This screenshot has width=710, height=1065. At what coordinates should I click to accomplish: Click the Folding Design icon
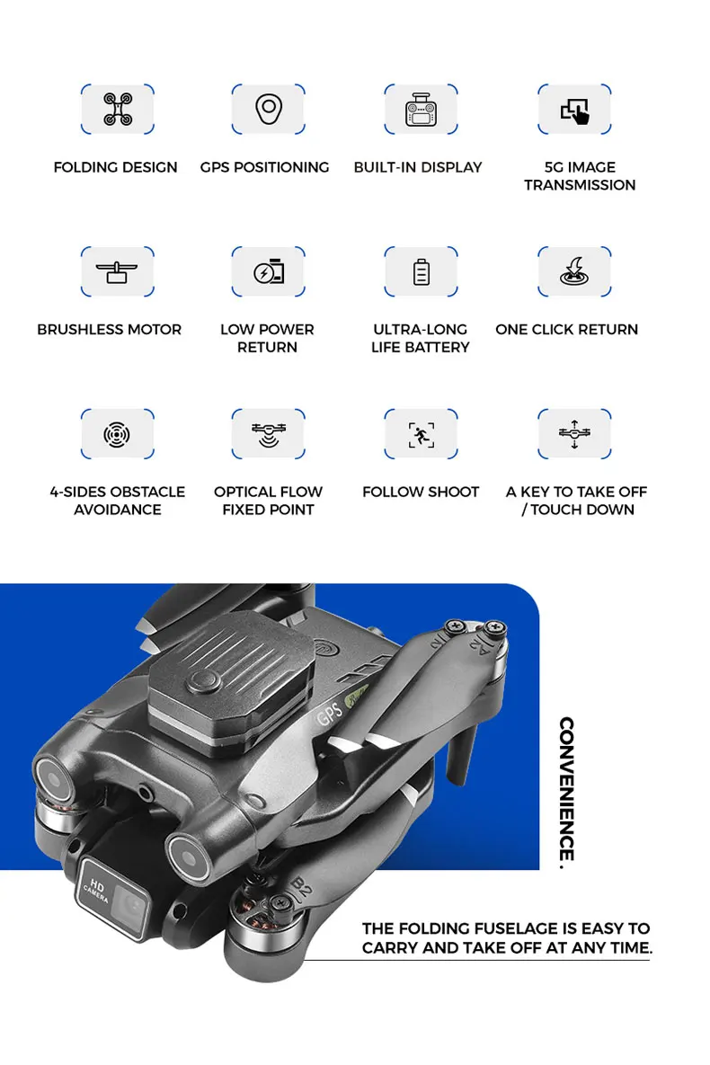[x=117, y=110]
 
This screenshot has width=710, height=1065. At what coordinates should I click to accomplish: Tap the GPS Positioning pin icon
[x=267, y=110]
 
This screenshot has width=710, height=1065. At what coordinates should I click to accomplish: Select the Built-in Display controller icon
[x=421, y=110]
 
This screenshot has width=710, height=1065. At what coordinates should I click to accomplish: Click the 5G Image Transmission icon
[x=574, y=110]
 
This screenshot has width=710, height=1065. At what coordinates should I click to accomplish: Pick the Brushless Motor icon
[x=117, y=271]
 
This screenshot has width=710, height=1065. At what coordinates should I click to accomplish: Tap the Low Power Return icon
[x=268, y=271]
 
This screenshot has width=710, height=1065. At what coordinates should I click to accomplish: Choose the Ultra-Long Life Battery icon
[x=421, y=271]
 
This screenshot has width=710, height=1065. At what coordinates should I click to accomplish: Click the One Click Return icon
[x=574, y=271]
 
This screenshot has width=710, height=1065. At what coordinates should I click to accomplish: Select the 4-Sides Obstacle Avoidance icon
[x=117, y=434]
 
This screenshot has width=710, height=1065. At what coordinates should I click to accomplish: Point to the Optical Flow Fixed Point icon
[x=268, y=434]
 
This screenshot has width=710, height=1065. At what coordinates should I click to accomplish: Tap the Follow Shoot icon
[x=421, y=434]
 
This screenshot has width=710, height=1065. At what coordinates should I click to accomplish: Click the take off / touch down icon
[x=574, y=434]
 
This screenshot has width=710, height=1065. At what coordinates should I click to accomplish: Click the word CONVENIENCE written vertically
[x=566, y=791]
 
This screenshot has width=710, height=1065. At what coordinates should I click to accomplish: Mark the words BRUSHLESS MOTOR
[x=109, y=330]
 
